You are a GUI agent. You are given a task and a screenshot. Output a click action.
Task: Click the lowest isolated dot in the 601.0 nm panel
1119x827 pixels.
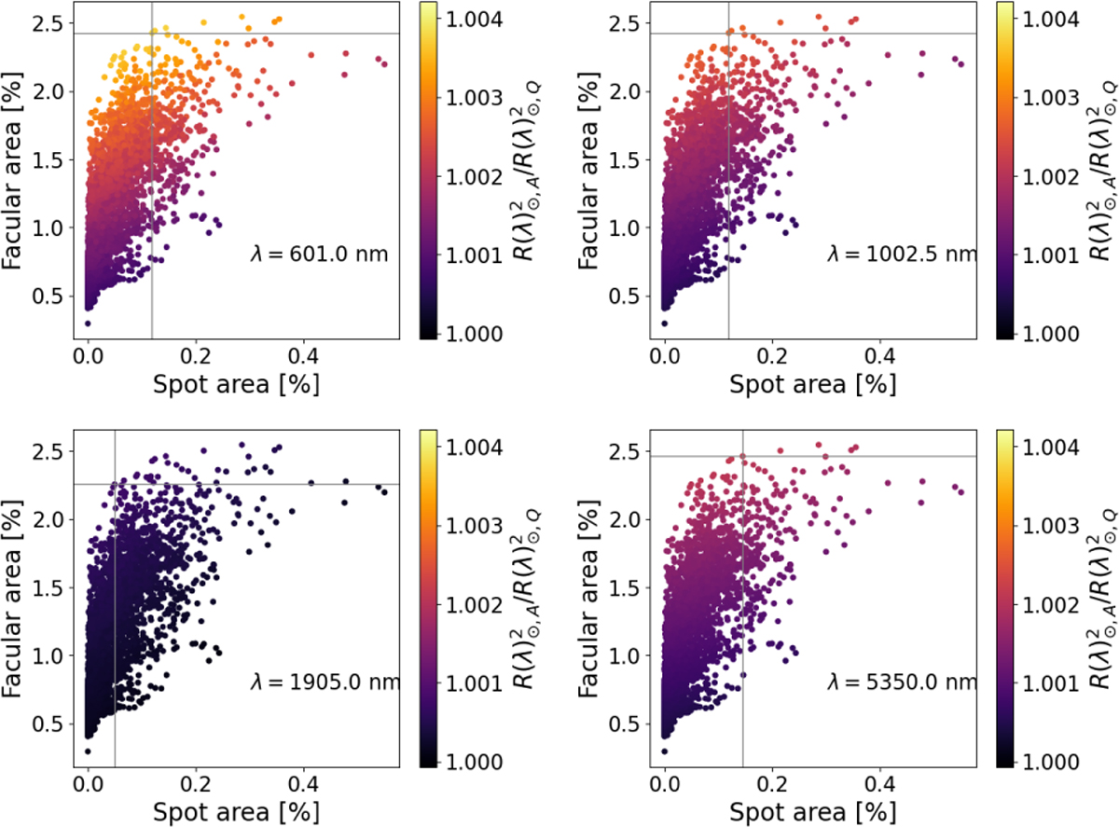pos(88,324)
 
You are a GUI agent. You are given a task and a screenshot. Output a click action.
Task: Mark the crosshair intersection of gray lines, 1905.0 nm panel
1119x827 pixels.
pos(115,484)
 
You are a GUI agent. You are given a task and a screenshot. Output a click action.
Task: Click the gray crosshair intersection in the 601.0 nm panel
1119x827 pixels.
pos(151,34)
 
